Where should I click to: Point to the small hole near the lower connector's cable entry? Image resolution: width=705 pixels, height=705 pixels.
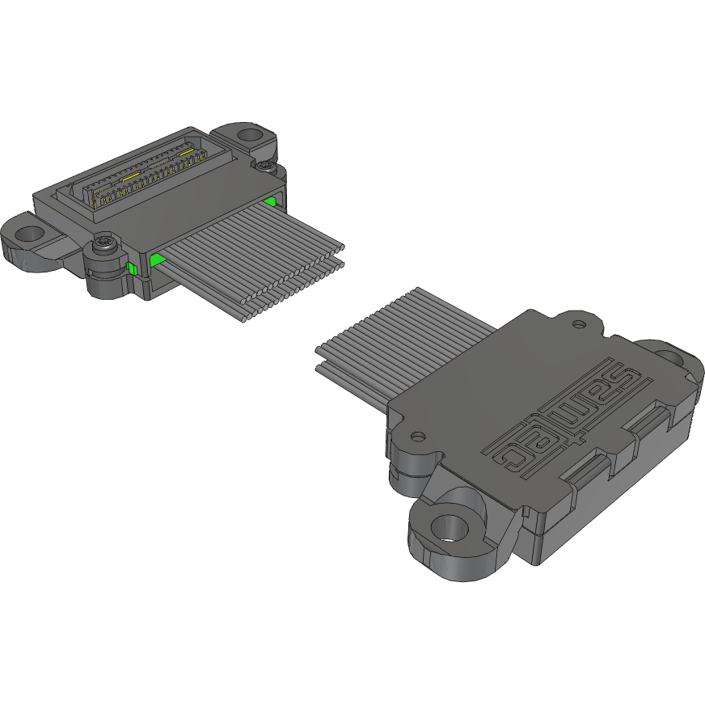pyautogui.click(x=417, y=437)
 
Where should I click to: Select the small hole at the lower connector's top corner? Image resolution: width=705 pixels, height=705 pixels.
pyautogui.click(x=578, y=324)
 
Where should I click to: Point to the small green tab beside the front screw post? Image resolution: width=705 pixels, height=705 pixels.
pyautogui.click(x=130, y=268)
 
